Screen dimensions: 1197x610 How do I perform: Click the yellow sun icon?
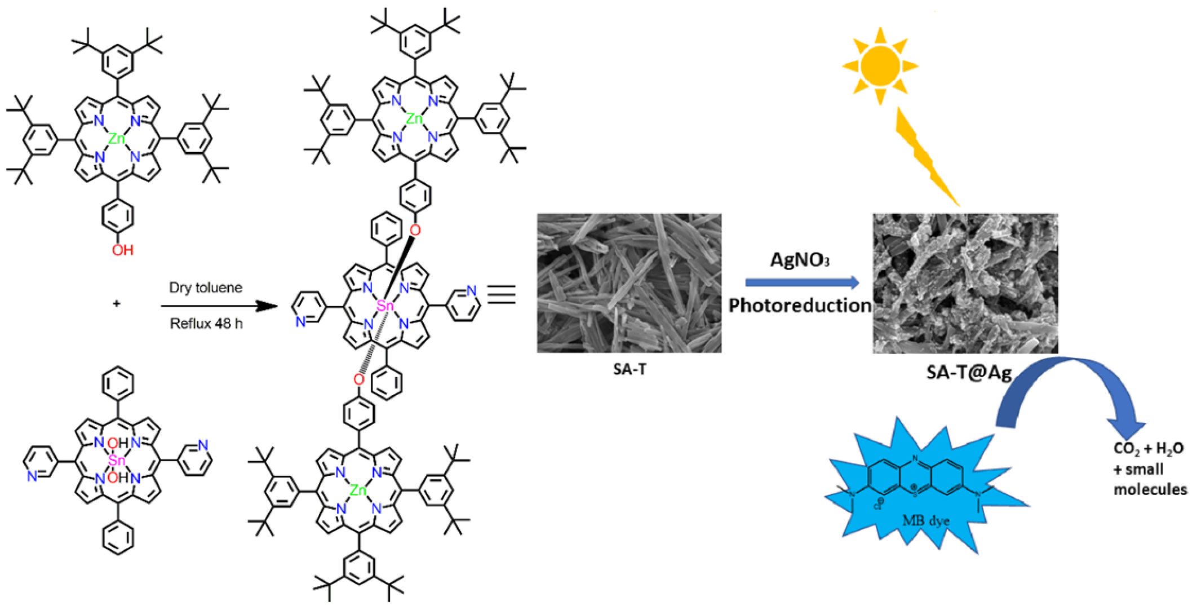click(880, 66)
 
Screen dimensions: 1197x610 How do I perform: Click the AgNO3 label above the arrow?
click(799, 260)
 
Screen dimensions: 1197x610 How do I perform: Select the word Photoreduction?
click(799, 306)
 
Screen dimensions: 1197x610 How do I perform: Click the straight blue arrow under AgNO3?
click(801, 282)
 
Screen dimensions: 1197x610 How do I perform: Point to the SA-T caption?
click(629, 369)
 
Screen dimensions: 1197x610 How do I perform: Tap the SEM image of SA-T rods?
click(629, 283)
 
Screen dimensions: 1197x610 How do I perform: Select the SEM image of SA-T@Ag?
click(965, 283)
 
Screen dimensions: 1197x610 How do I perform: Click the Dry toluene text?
click(206, 288)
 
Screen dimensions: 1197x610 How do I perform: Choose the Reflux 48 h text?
click(206, 324)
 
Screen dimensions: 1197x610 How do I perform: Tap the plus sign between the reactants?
click(117, 304)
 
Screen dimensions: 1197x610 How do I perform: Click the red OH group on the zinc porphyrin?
click(122, 250)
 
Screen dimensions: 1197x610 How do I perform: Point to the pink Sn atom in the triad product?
click(385, 306)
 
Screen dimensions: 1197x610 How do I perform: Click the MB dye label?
click(925, 520)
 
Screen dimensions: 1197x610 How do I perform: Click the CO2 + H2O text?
click(1148, 449)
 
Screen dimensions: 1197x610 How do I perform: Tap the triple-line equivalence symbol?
click(502, 295)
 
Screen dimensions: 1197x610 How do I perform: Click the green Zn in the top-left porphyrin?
click(117, 139)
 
